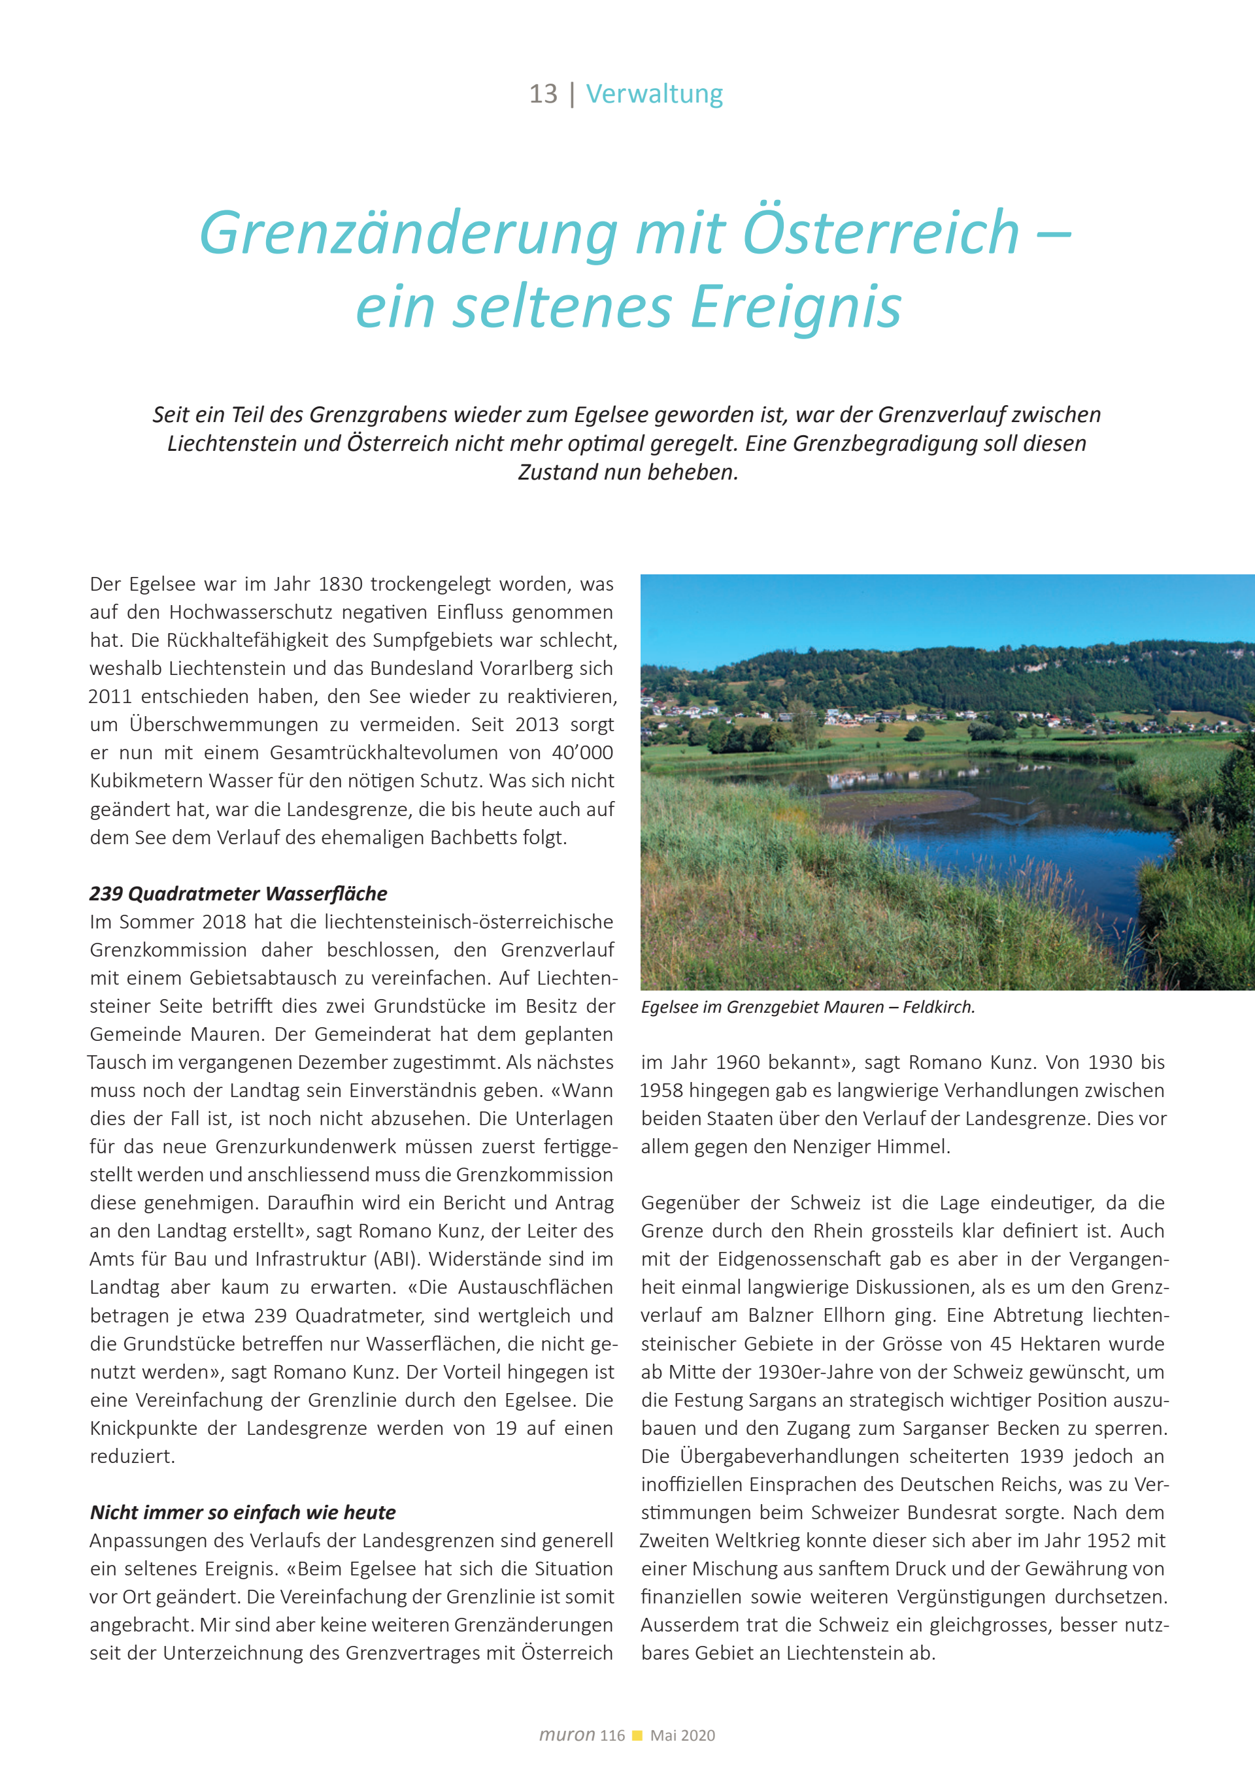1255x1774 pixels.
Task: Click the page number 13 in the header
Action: [x=543, y=94]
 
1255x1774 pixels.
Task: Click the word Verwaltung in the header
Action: [x=654, y=94]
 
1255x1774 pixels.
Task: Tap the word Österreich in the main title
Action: [x=881, y=233]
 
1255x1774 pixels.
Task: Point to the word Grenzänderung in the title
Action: [x=409, y=233]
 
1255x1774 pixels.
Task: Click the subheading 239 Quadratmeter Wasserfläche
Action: [x=238, y=894]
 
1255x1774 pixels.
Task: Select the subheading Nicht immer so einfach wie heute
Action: [x=243, y=1512]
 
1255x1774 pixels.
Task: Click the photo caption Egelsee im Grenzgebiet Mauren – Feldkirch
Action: [x=807, y=1008]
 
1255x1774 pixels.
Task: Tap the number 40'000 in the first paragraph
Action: [x=582, y=753]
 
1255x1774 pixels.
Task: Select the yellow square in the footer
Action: [x=637, y=1735]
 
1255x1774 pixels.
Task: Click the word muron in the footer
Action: [x=567, y=1735]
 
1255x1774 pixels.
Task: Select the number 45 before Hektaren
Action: [x=1001, y=1343]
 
